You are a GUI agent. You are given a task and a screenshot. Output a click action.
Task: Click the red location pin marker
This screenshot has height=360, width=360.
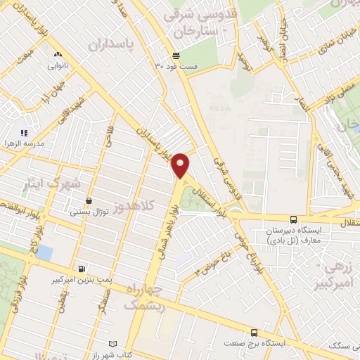(x=181, y=165)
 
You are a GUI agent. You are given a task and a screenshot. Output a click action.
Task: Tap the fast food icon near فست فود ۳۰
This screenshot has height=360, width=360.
(x=176, y=56)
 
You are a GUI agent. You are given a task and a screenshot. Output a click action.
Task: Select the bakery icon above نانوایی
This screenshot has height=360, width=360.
(x=58, y=55)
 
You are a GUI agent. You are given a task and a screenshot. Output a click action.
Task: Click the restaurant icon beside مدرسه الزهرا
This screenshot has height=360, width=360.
(x=24, y=132)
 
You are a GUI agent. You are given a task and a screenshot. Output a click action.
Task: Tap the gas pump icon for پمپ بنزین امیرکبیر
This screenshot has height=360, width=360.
(x=83, y=269)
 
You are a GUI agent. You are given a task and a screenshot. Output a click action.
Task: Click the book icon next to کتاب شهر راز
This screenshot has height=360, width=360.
(x=112, y=343)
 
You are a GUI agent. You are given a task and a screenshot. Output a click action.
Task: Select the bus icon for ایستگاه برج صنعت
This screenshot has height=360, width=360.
(x=254, y=333)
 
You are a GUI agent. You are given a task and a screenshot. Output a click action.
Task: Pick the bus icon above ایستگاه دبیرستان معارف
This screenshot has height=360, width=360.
(x=294, y=220)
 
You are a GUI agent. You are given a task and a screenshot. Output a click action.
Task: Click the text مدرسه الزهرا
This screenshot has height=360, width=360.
(x=25, y=143)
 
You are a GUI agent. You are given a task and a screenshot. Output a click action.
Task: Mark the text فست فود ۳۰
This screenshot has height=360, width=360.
(x=176, y=67)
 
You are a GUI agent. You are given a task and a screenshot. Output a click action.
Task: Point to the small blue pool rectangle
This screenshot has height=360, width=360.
(x=44, y=251)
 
